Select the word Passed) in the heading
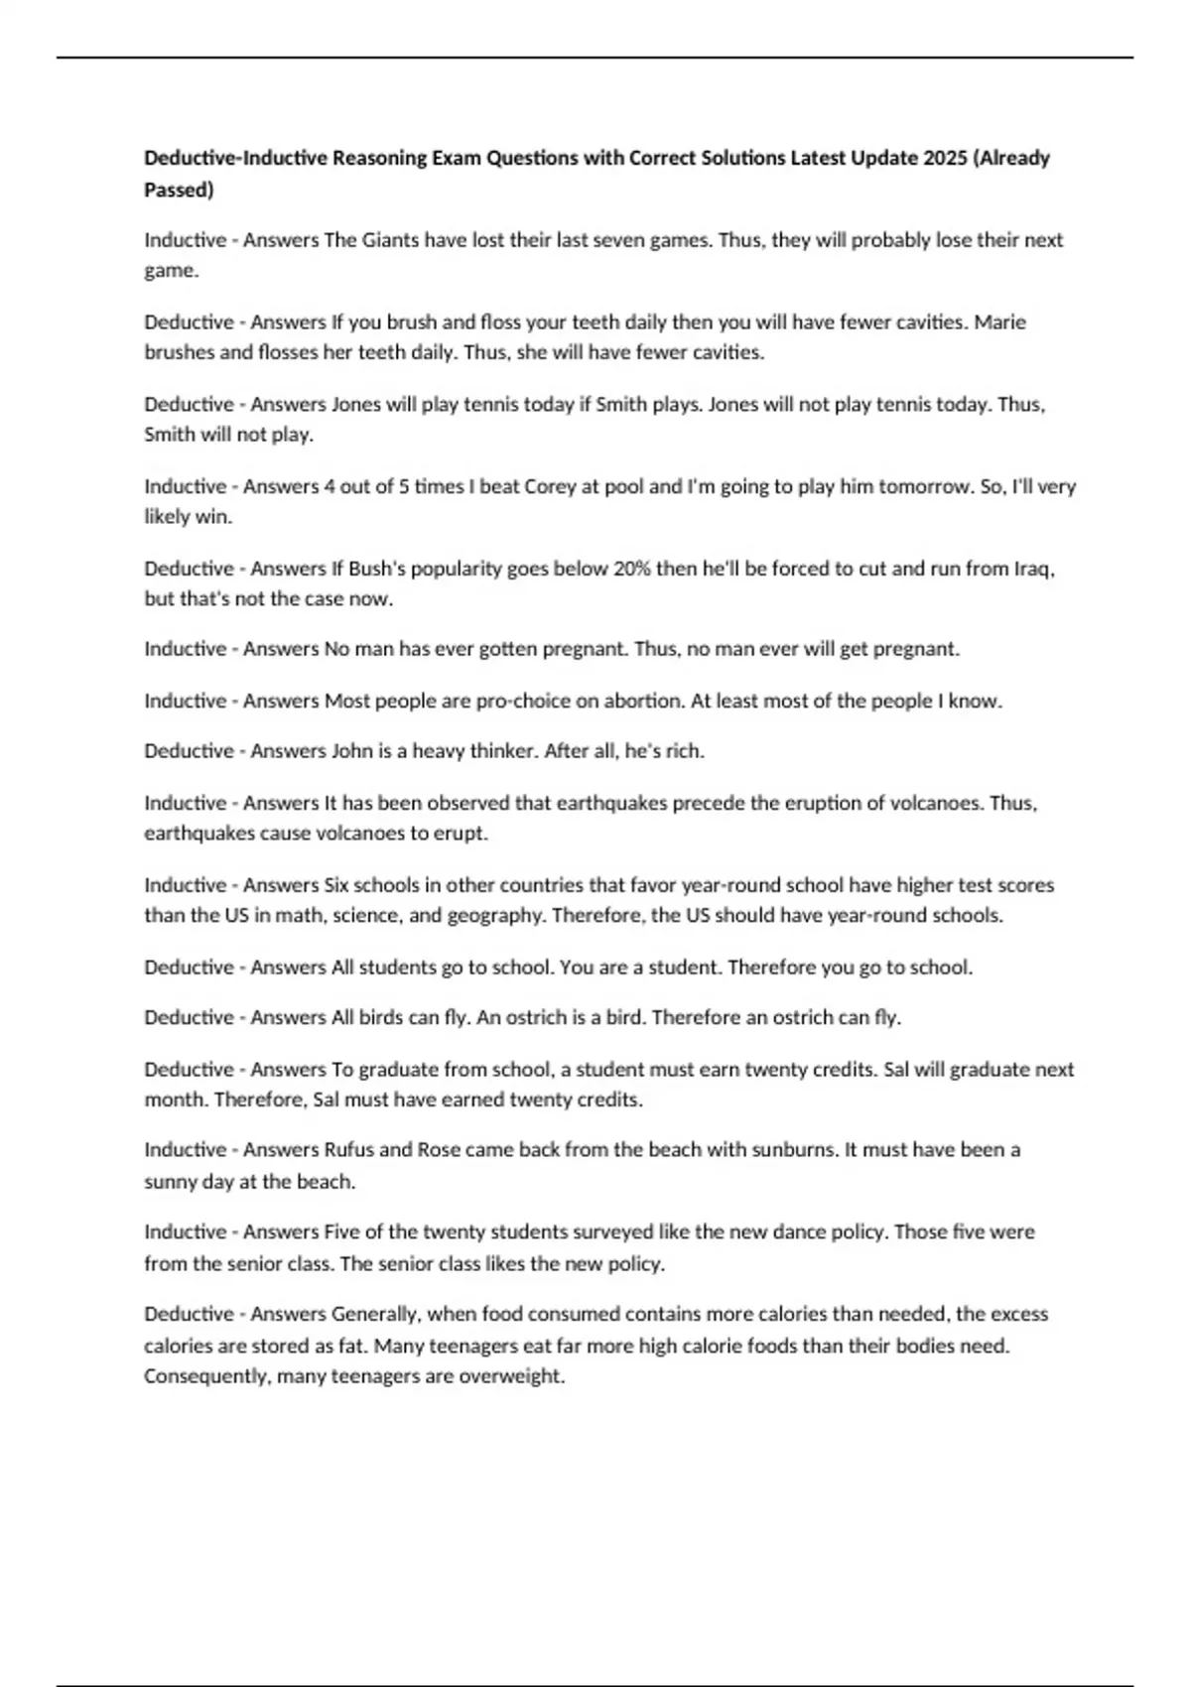(x=179, y=190)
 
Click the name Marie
(x=999, y=323)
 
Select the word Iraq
(x=1032, y=569)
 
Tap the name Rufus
(x=348, y=1150)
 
